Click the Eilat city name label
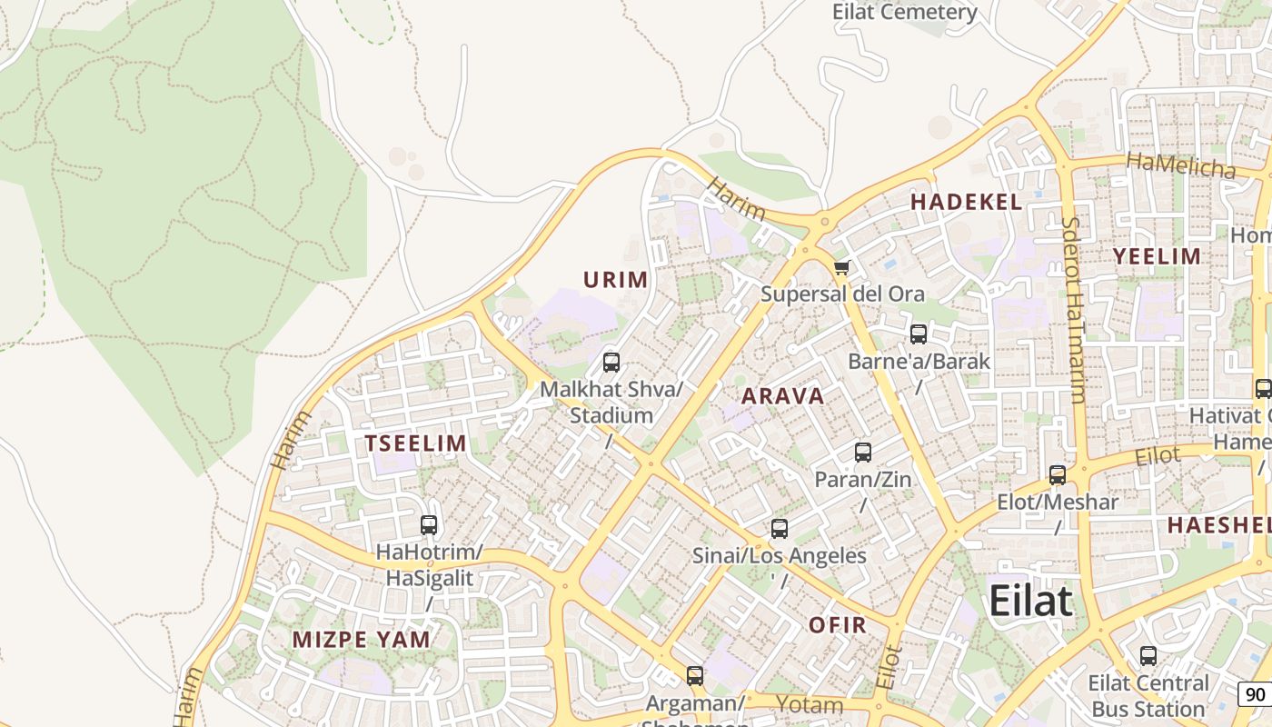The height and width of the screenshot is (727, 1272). (x=1030, y=602)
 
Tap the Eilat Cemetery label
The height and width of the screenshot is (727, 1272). (x=905, y=12)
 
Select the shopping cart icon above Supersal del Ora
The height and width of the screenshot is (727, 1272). (x=841, y=268)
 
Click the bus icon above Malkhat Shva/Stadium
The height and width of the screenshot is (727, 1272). (x=611, y=363)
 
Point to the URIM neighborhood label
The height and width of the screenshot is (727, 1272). (x=616, y=280)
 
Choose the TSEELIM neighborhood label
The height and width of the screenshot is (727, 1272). (x=415, y=443)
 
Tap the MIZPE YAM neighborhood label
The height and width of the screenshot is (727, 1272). (x=361, y=639)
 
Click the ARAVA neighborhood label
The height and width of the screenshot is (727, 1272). (x=782, y=396)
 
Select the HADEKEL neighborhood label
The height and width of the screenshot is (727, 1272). (x=966, y=203)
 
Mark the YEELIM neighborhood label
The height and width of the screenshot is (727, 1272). (x=1158, y=256)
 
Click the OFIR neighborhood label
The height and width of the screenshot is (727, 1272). (x=837, y=625)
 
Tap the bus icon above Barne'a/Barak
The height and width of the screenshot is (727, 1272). (x=919, y=334)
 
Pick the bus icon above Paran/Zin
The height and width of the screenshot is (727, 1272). (x=863, y=452)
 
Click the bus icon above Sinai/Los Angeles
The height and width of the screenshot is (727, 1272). (x=780, y=529)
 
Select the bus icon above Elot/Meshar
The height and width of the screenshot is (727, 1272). (x=1058, y=474)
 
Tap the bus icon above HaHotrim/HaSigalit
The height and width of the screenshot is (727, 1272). (x=429, y=525)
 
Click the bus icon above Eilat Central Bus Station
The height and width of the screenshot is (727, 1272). (x=1148, y=656)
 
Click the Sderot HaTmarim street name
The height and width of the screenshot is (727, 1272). (x=1073, y=309)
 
